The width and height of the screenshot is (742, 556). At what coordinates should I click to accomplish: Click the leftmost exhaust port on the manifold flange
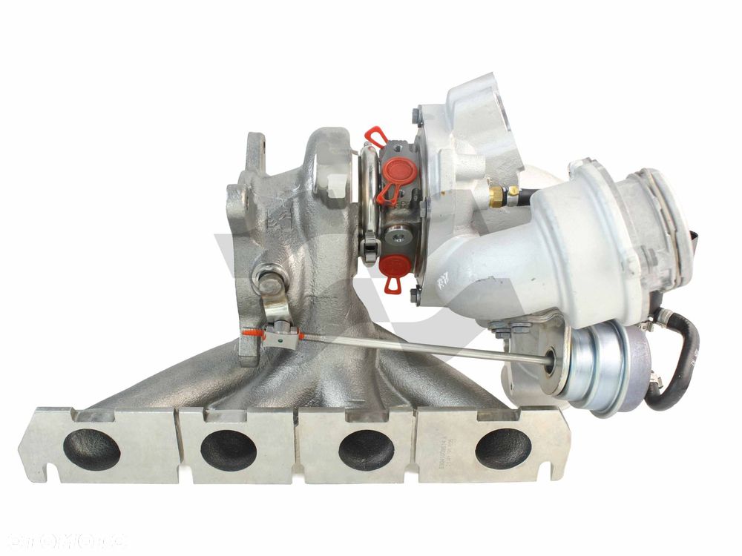92,449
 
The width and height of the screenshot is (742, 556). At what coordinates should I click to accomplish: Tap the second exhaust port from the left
229,449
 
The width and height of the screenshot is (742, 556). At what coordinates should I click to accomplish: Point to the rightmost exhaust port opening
503,449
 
